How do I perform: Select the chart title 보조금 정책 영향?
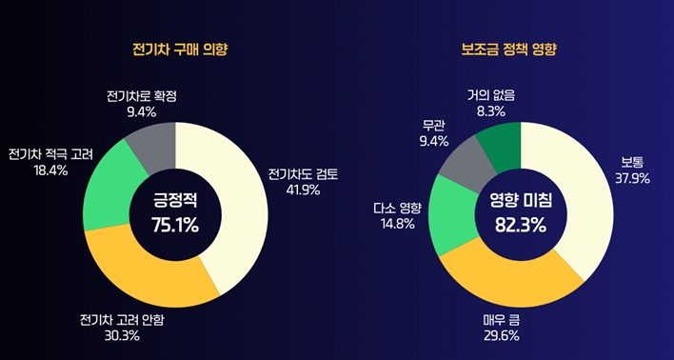click(x=520, y=48)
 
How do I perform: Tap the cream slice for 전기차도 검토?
click(x=244, y=205)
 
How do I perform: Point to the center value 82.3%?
click(x=519, y=225)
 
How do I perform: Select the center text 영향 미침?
click(x=519, y=201)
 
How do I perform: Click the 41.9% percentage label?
click(x=302, y=190)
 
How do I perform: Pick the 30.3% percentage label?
click(x=123, y=335)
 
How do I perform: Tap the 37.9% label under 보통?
click(x=632, y=177)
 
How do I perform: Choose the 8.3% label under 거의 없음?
click(x=491, y=110)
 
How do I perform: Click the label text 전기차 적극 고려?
click(x=49, y=154)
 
